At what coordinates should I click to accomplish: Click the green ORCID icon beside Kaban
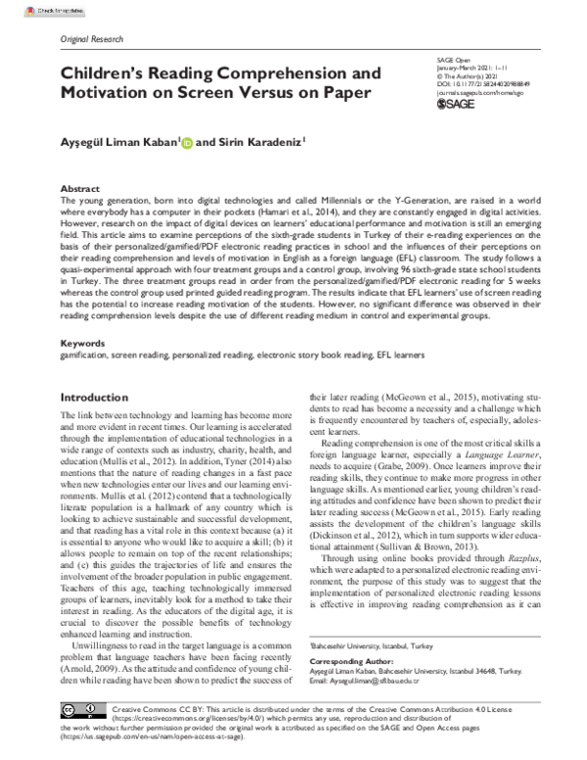[x=187, y=142]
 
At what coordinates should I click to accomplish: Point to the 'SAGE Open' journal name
[x=448, y=61]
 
